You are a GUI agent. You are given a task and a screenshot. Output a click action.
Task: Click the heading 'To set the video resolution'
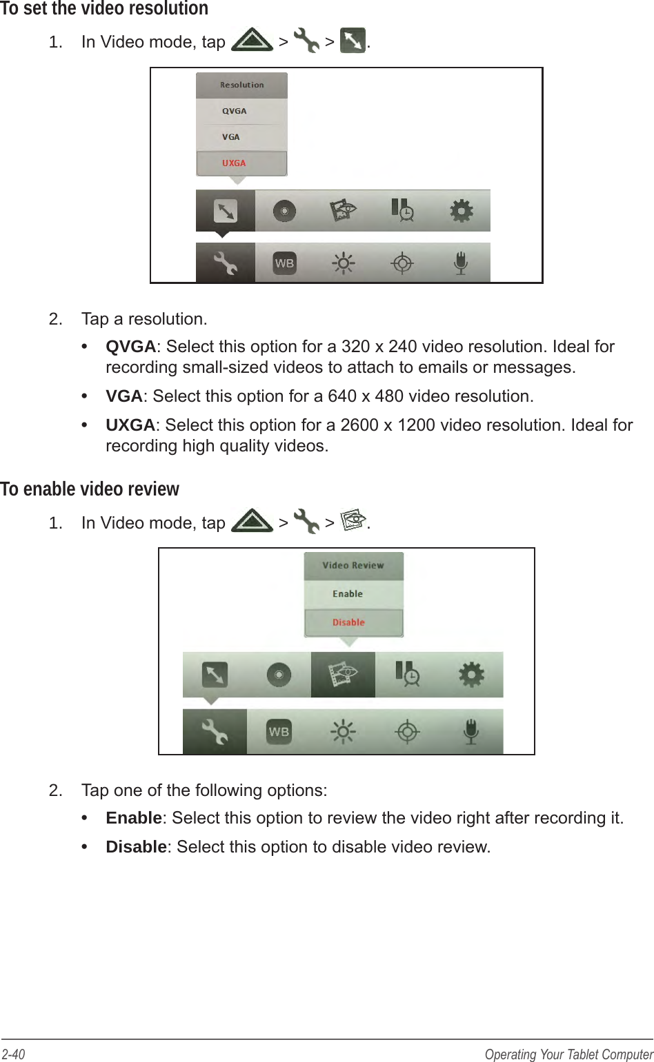pos(104,10)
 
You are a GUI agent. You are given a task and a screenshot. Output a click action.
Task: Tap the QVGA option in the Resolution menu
pos(235,111)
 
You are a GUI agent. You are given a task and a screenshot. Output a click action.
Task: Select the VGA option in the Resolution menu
pos(231,137)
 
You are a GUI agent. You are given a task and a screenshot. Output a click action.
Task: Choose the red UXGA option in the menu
pos(234,163)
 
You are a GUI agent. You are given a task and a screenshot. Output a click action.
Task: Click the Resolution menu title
pos(241,85)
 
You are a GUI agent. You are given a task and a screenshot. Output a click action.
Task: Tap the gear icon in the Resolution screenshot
pos(462,210)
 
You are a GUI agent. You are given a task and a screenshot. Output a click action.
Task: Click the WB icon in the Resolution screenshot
pos(284,263)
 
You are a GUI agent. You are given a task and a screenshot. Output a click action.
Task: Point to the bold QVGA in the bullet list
pos(130,347)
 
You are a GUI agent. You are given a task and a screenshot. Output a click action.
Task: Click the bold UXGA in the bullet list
pos(130,425)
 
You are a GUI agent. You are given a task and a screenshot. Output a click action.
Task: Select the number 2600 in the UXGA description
pos(359,425)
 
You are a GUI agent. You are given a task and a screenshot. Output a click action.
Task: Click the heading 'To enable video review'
pos(90,489)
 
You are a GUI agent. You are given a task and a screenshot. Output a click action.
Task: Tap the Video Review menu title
pos(353,565)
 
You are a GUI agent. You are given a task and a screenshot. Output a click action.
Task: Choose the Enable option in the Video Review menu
pos(348,594)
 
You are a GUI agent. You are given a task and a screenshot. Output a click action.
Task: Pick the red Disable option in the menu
pos(348,622)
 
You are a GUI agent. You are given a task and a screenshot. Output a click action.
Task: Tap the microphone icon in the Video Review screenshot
pos(470,731)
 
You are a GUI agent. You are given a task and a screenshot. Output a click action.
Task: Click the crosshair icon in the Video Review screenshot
pos(407,731)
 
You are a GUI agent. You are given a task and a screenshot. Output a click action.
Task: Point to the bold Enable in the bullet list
pos(133,818)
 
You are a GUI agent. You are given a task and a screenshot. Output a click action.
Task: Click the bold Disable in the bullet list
pos(136,847)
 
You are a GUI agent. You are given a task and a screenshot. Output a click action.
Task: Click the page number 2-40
pos(13,1054)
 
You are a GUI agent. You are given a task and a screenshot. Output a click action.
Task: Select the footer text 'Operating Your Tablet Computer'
pos(568,1054)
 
